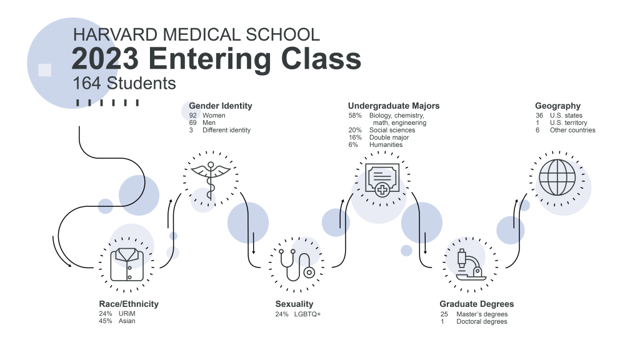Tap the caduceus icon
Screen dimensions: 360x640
pos(210,177)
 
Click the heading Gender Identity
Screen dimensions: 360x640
pos(221,106)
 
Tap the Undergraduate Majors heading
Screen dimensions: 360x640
pos(394,106)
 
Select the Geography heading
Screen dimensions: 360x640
pos(557,106)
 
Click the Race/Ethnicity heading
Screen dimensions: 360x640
pos(129,304)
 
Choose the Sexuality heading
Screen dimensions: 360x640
pos(294,304)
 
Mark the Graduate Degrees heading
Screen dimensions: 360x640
pos(476,304)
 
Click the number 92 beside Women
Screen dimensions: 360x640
pos(193,116)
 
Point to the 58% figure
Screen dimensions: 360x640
pos(355,116)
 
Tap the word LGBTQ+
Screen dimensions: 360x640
pos(307,314)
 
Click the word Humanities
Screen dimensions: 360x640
pos(386,144)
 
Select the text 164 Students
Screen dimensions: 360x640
pos(124,83)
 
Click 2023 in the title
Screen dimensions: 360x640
pos(105,59)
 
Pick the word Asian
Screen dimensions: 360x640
pos(127,321)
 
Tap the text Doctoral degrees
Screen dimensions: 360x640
pos(482,321)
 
